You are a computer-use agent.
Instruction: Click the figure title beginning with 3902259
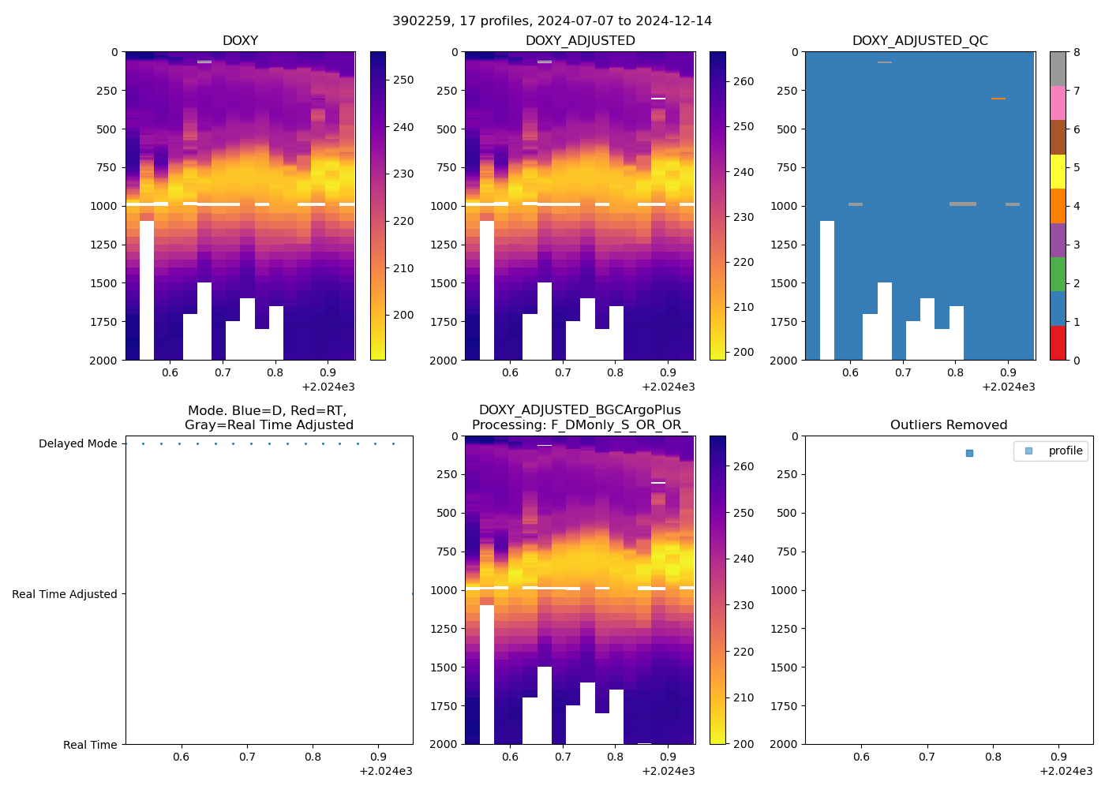point(552,21)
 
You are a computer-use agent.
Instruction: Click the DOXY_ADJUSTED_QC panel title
point(920,41)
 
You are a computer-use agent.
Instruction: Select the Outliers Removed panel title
point(949,425)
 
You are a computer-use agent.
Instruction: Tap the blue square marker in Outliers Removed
point(969,453)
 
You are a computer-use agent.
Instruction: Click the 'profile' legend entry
point(1065,451)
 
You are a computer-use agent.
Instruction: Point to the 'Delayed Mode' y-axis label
point(77,443)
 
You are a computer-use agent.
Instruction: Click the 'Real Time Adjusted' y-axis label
point(64,594)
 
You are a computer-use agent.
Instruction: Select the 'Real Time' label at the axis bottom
point(90,745)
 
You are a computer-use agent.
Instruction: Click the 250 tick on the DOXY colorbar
point(403,80)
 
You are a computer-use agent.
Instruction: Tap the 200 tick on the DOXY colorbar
point(403,315)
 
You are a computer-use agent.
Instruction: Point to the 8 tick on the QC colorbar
point(1077,52)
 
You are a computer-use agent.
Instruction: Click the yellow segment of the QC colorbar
point(1058,171)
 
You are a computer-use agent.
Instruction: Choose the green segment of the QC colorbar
point(1058,274)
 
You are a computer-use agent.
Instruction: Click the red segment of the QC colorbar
point(1058,342)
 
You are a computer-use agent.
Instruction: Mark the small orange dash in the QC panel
point(998,99)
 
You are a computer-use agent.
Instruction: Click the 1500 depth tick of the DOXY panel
point(104,283)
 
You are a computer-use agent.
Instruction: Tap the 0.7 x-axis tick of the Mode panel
point(247,757)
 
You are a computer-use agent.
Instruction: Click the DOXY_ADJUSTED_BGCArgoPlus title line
point(579,410)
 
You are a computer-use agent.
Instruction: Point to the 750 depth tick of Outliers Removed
point(787,552)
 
